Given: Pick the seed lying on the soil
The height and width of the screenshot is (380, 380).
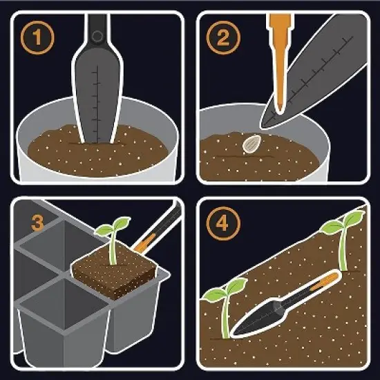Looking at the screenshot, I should (250, 144).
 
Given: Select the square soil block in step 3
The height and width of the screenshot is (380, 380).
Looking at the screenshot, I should (114, 276).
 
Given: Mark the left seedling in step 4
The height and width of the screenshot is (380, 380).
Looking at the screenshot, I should (225, 307).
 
